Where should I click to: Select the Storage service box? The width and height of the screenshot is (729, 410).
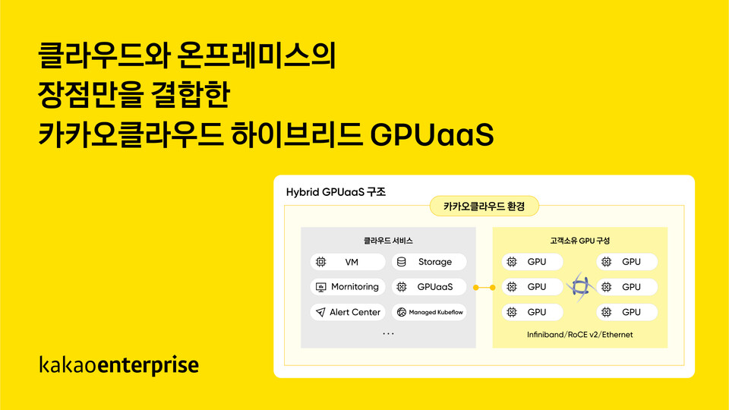click(x=429, y=262)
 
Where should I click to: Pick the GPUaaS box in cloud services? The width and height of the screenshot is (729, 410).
click(x=429, y=287)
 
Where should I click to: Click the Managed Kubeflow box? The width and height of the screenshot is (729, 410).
click(x=429, y=312)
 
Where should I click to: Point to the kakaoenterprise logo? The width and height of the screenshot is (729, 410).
click(x=118, y=365)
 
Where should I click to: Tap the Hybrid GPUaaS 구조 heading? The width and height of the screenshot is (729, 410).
click(x=336, y=192)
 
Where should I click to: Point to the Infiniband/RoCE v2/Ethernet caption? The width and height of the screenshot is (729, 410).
click(x=580, y=334)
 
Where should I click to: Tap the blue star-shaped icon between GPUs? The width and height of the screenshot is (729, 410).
click(x=580, y=287)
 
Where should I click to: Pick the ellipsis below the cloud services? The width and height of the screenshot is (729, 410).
click(x=388, y=333)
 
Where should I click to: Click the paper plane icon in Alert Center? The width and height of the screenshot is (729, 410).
click(x=320, y=312)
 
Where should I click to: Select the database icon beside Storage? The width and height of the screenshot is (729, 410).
click(x=402, y=262)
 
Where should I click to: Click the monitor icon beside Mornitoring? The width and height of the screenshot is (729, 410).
click(x=320, y=287)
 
